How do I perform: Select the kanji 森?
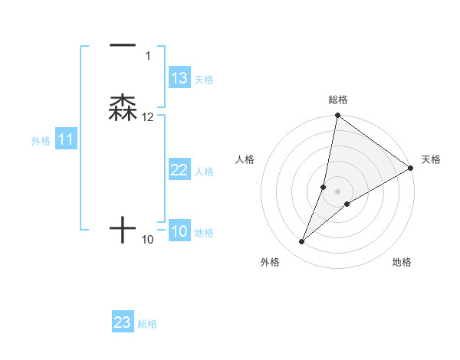[x=123, y=108]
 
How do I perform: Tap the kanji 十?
[x=123, y=229]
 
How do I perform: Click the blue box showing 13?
[x=179, y=78]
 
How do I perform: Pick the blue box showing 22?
[x=179, y=171]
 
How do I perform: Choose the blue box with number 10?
[x=179, y=232]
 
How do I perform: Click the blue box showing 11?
[x=65, y=140]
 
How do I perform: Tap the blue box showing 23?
[x=123, y=322]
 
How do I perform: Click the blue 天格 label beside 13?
[x=204, y=80]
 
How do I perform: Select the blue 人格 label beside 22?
[x=204, y=172]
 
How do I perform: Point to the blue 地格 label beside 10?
[x=204, y=233]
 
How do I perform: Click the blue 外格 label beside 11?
[x=41, y=141]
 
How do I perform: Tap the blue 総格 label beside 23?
[x=147, y=324]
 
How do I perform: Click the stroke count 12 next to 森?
[x=148, y=117]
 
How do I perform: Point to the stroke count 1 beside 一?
[x=148, y=56]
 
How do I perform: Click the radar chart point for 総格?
[x=337, y=116]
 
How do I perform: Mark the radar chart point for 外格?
[x=302, y=242]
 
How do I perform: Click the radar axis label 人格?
[x=245, y=159]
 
